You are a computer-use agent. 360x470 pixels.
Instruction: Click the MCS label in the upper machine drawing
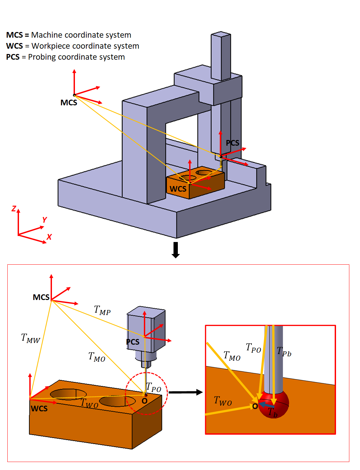coord(69,103)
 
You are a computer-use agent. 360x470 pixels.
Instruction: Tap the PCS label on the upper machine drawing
coord(232,143)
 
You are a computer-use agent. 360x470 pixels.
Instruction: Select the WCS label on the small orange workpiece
coord(178,189)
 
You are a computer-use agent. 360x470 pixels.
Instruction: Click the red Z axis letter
coord(14,209)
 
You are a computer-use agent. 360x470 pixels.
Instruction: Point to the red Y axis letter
coord(44,220)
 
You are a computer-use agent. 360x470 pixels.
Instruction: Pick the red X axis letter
coord(49,237)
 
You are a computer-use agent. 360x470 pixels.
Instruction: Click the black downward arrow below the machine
coord(176,250)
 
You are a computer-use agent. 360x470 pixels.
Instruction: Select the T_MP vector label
coord(102,310)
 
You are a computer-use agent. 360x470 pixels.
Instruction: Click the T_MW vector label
coord(30,338)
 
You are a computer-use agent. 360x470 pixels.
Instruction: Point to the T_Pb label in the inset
coord(284,352)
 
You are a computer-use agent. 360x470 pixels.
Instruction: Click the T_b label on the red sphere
coord(272,413)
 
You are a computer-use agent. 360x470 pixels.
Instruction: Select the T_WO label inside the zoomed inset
coord(222,401)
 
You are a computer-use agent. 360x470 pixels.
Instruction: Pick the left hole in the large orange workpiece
coord(68,394)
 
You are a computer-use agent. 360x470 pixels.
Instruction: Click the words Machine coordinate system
coord(81,35)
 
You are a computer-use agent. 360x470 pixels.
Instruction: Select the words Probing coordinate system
coord(76,57)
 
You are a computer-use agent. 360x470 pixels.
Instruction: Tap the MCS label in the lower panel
coord(41,297)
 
